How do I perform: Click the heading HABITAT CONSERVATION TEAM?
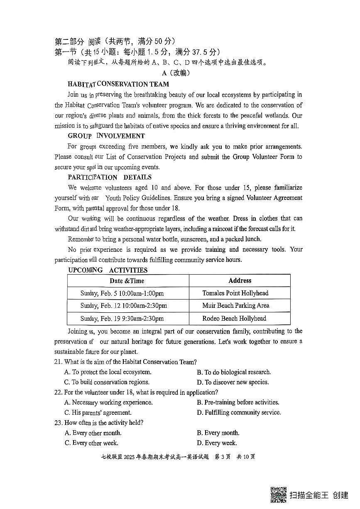[118, 84]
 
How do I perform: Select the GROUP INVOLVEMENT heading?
[106, 136]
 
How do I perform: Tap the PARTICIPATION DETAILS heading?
[110, 177]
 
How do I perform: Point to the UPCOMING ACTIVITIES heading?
[108, 270]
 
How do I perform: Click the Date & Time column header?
[127, 281]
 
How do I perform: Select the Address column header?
[240, 281]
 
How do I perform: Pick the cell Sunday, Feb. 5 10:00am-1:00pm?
[122, 293]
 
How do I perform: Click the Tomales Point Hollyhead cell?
[235, 293]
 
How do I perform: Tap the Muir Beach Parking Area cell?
[235, 306]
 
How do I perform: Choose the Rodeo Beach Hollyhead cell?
[234, 319]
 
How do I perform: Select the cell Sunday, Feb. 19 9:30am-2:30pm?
[122, 319]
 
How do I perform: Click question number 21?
[58, 362]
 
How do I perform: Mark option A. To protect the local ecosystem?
[108, 372]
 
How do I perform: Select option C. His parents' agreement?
[98, 412]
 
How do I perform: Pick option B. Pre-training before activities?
[238, 402]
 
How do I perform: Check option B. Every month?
[218, 433]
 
